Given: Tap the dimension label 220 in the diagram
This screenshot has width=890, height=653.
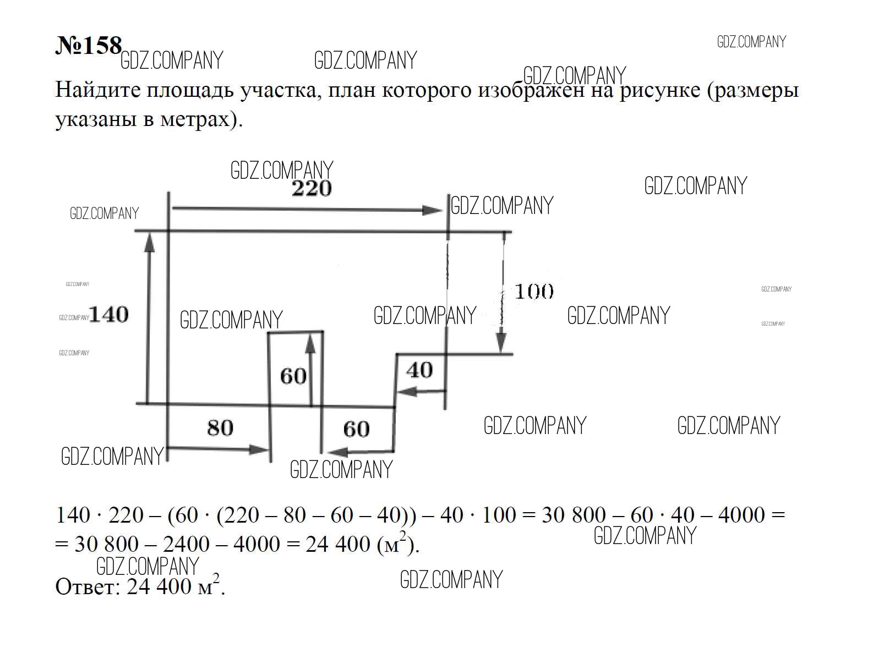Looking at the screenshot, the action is [x=312, y=188].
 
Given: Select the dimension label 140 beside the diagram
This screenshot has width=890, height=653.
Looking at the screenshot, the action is [x=109, y=315].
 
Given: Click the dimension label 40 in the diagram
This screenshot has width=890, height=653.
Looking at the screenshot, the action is [x=419, y=370].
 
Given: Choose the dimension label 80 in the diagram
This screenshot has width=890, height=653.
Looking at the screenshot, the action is [x=220, y=428].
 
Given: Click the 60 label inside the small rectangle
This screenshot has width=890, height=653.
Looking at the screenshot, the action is [x=293, y=376].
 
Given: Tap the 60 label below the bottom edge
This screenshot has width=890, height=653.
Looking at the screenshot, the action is [x=357, y=429].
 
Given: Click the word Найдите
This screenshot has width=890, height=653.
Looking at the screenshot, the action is [x=98, y=90].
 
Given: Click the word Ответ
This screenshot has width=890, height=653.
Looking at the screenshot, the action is [x=88, y=586].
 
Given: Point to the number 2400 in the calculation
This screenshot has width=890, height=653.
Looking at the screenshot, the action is [x=186, y=544].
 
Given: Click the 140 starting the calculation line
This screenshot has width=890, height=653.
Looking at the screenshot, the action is [x=73, y=515].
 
